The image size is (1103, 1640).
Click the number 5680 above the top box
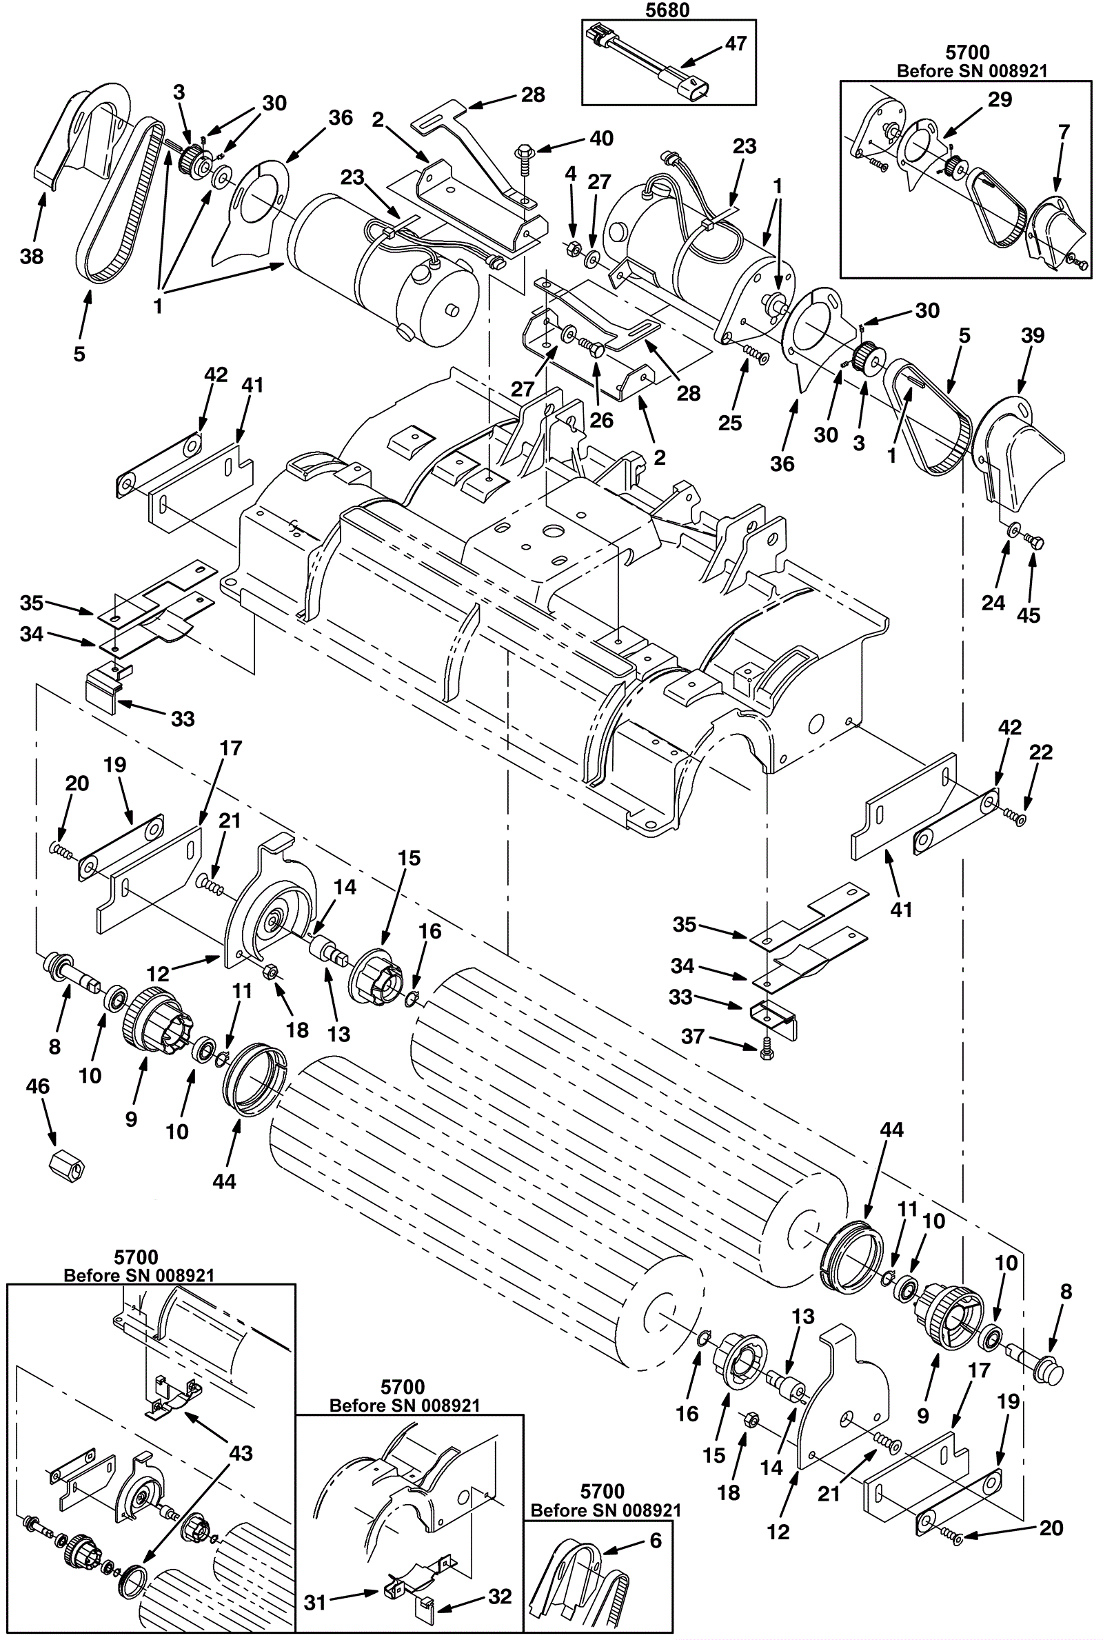[667, 10]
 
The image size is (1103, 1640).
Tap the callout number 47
[735, 43]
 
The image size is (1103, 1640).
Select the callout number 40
[601, 138]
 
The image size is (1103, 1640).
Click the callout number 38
[32, 257]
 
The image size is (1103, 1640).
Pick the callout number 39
[1033, 335]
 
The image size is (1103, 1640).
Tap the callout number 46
[37, 1086]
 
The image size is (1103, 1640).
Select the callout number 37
[693, 1036]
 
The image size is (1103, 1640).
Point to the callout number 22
[1040, 752]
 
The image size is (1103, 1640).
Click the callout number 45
[1029, 615]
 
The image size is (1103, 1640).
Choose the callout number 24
[993, 602]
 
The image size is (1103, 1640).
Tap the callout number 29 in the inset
[1000, 99]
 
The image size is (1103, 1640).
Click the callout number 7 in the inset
[1064, 132]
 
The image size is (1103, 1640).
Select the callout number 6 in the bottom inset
[656, 1541]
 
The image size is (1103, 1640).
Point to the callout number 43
[241, 1454]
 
